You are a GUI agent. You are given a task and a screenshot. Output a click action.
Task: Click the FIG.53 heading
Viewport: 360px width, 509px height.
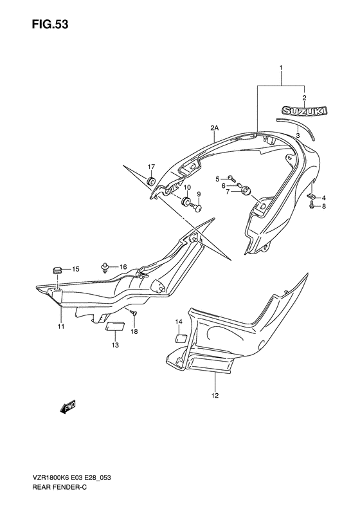(50, 24)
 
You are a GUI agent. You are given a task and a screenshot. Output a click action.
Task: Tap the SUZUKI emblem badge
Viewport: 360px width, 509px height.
(304, 111)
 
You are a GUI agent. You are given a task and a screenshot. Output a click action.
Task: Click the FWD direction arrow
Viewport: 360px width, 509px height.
(67, 407)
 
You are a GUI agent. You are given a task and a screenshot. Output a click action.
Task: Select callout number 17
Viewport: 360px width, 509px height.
(152, 167)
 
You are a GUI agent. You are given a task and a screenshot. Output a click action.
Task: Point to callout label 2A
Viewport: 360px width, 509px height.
(214, 129)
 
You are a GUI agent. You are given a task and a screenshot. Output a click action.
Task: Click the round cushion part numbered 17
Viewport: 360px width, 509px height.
(151, 181)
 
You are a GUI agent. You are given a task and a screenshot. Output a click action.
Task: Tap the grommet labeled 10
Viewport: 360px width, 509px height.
(186, 201)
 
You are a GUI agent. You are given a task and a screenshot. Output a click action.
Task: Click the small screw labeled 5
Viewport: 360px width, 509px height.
(232, 178)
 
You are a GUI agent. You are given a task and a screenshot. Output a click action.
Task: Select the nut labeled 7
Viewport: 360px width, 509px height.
(246, 190)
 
